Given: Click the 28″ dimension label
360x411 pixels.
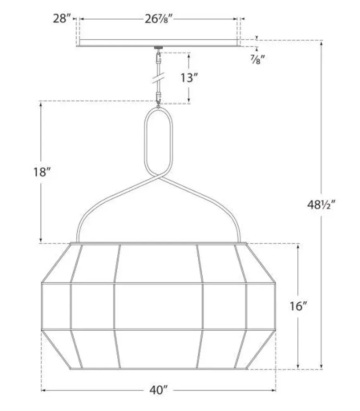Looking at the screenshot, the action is pyautogui.click(x=62, y=18).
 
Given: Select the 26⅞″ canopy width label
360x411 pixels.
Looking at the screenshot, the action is pyautogui.click(x=159, y=19).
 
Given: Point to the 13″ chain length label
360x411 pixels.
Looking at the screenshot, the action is pyautogui.click(x=189, y=77).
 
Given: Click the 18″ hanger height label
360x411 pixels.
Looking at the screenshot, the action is pyautogui.click(x=42, y=172).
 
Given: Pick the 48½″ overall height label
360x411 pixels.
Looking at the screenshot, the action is pyautogui.click(x=321, y=205).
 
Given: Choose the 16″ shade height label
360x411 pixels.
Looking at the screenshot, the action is pyautogui.click(x=299, y=306).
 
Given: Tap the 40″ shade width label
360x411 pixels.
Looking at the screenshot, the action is pyautogui.click(x=158, y=390).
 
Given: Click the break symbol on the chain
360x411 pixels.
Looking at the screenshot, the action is pyautogui.click(x=158, y=78).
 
